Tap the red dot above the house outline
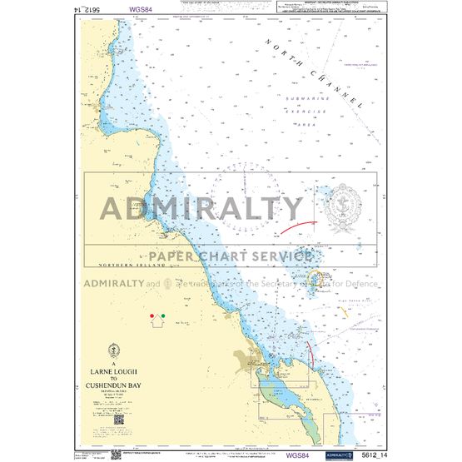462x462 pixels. click(151, 316)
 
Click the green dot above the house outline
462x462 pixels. click(162, 316)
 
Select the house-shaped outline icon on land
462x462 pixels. click(156, 326)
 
